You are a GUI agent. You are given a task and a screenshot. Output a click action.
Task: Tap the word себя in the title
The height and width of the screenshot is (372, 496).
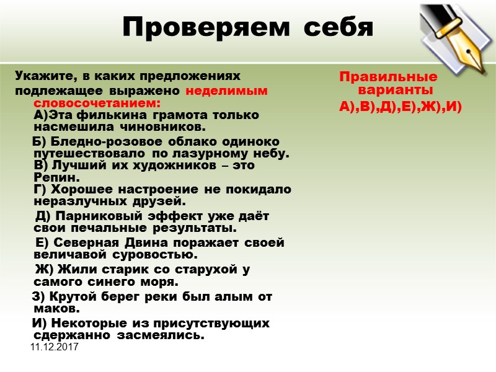coord(335,27)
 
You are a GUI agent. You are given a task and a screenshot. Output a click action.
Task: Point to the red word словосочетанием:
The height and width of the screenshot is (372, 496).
coord(97,102)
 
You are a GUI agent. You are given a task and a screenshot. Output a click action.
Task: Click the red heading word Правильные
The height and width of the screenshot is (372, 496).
coord(387,77)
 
